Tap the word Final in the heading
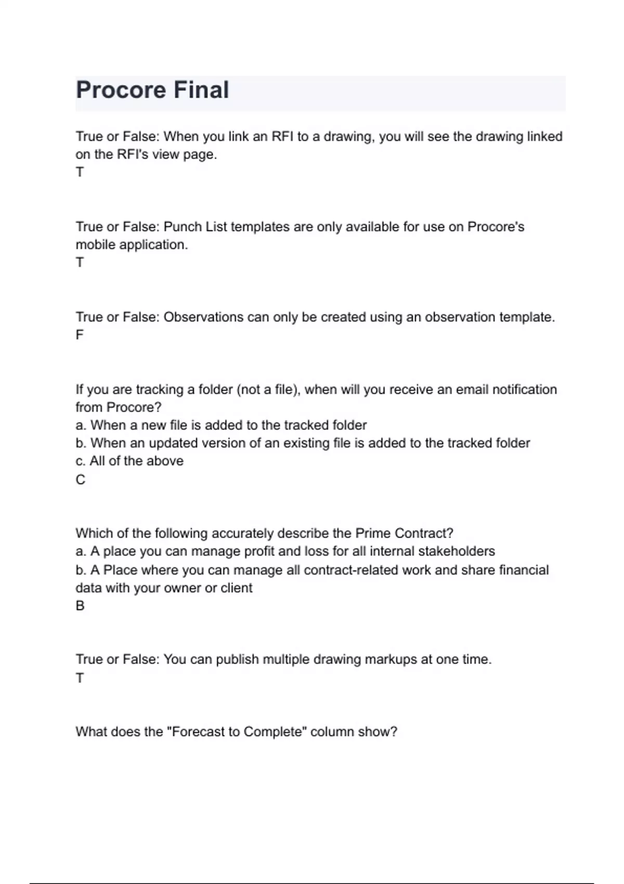201,90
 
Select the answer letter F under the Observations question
80,335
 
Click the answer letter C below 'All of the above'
80,479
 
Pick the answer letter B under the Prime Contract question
80,606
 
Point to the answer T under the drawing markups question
80,678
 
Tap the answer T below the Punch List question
80,263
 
